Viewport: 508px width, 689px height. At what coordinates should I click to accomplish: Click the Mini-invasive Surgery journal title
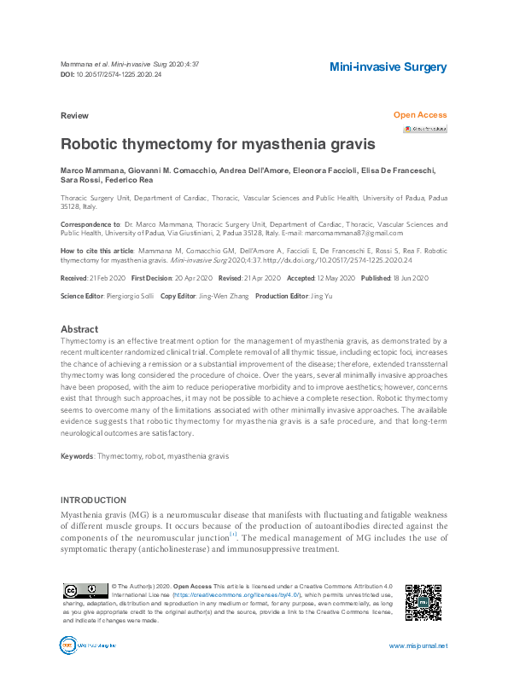pyautogui.click(x=388, y=67)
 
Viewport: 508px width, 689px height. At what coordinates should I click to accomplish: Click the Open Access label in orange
pyautogui.click(x=419, y=115)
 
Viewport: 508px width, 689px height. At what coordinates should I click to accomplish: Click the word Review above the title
pyautogui.click(x=74, y=115)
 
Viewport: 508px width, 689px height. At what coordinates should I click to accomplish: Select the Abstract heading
pyautogui.click(x=79, y=329)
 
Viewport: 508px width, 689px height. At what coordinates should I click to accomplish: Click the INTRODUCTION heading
pyautogui.click(x=93, y=500)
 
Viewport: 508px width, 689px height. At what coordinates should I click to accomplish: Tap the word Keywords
pyautogui.click(x=77, y=456)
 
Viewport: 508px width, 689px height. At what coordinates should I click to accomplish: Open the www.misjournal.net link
pyautogui.click(x=417, y=646)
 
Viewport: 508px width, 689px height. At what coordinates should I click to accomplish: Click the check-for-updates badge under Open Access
pyautogui.click(x=425, y=129)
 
